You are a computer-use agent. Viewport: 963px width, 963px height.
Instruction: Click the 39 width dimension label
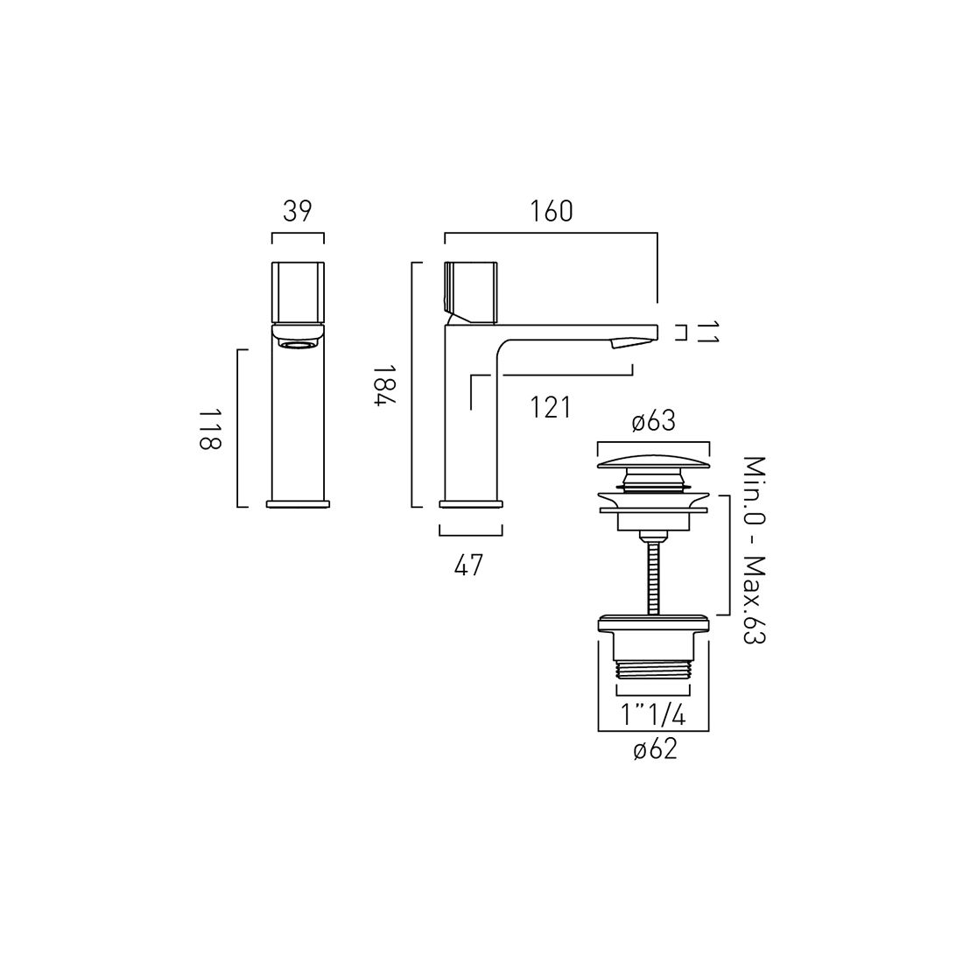[298, 211]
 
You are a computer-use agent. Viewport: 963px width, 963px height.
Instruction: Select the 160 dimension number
[551, 211]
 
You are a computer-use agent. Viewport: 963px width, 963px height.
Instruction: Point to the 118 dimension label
[209, 428]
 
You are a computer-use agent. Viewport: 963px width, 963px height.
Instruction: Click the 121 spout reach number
[551, 408]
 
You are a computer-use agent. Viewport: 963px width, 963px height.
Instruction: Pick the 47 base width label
[469, 565]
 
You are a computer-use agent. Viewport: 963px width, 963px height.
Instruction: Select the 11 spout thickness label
[706, 333]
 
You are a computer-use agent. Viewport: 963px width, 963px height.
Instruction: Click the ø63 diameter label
[653, 421]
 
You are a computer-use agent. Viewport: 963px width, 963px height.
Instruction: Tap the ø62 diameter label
[655, 749]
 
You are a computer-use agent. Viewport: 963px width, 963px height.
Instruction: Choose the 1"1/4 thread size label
[653, 715]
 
